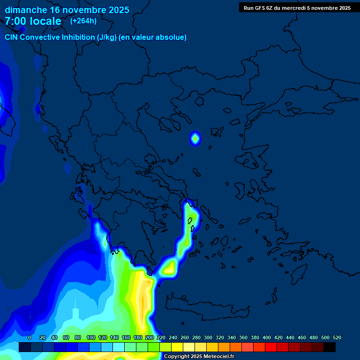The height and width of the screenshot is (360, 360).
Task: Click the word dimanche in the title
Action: point(25,10)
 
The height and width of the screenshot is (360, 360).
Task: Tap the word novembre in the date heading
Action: point(84,10)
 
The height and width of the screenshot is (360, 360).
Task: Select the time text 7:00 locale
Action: point(33,21)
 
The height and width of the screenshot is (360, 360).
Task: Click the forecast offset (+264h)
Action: point(83,21)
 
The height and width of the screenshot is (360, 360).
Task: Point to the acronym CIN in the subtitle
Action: point(12,37)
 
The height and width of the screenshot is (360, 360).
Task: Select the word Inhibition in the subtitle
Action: point(78,37)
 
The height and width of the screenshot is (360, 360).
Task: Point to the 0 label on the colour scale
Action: point(30,337)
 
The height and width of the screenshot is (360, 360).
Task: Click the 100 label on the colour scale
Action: point(90,337)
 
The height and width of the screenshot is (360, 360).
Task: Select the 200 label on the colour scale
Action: point(150,337)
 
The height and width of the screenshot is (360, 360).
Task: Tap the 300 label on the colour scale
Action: point(208,337)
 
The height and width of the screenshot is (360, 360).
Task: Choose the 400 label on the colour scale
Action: point(267,337)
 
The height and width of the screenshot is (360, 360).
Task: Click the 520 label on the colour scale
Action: point(337,337)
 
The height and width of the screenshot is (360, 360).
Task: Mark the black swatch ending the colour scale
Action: point(330,347)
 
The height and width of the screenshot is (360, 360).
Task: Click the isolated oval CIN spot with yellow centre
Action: point(195,138)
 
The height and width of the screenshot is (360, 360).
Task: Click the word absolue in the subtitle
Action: point(172,37)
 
